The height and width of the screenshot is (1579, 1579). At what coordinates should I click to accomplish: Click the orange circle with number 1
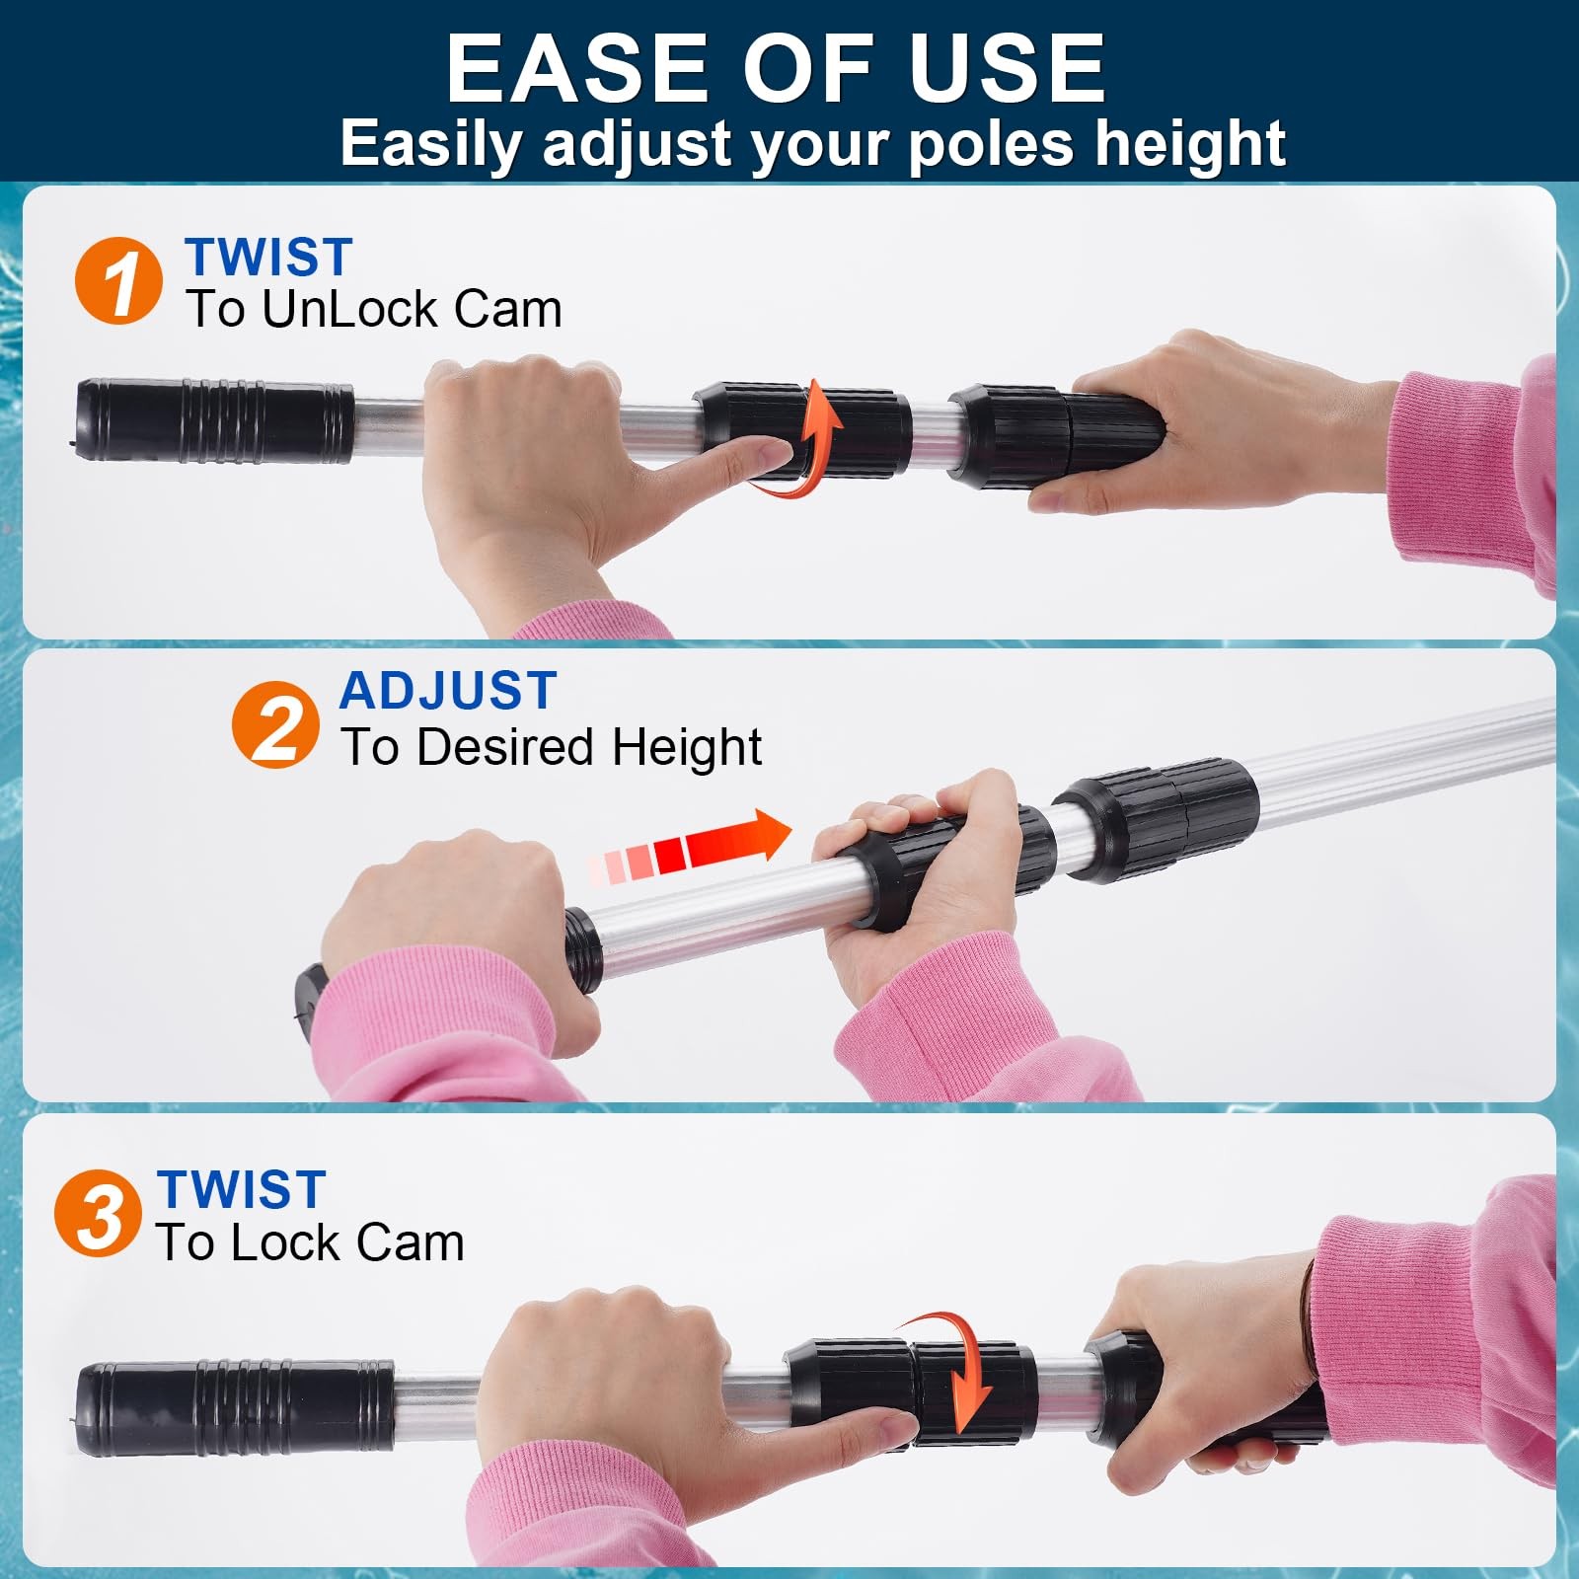[118, 281]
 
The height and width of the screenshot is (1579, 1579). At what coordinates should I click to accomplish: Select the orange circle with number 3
[98, 1213]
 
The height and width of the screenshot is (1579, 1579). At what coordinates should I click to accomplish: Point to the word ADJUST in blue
[449, 690]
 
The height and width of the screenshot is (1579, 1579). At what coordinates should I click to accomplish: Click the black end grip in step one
[215, 421]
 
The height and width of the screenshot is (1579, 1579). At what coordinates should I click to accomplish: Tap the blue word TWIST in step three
[242, 1189]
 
